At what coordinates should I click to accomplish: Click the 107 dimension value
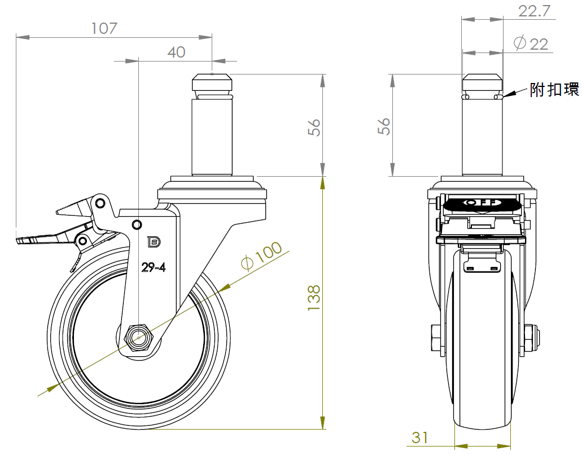click(104, 28)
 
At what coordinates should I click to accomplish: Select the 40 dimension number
click(176, 53)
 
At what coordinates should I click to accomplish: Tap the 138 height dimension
click(314, 297)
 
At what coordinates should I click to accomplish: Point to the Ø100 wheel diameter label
click(261, 256)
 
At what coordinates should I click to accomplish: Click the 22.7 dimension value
click(534, 11)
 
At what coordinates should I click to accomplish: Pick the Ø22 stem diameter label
click(531, 43)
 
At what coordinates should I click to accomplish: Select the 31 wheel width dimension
click(420, 438)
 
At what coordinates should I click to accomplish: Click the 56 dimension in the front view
click(314, 127)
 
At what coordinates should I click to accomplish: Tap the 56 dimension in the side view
click(384, 126)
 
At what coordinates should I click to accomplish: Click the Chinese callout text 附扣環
click(554, 89)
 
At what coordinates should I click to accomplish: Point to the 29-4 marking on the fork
click(154, 267)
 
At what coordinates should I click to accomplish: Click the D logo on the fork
click(154, 242)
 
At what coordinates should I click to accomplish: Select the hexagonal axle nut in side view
click(139, 339)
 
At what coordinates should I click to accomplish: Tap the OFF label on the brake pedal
click(482, 202)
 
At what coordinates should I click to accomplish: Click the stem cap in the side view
click(482, 83)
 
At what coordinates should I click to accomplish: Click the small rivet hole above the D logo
click(137, 224)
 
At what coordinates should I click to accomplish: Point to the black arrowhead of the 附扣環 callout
click(509, 94)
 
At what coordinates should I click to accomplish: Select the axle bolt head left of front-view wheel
click(436, 338)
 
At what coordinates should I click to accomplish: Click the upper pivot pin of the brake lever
click(99, 203)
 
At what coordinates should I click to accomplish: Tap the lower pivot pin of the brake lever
click(83, 241)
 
